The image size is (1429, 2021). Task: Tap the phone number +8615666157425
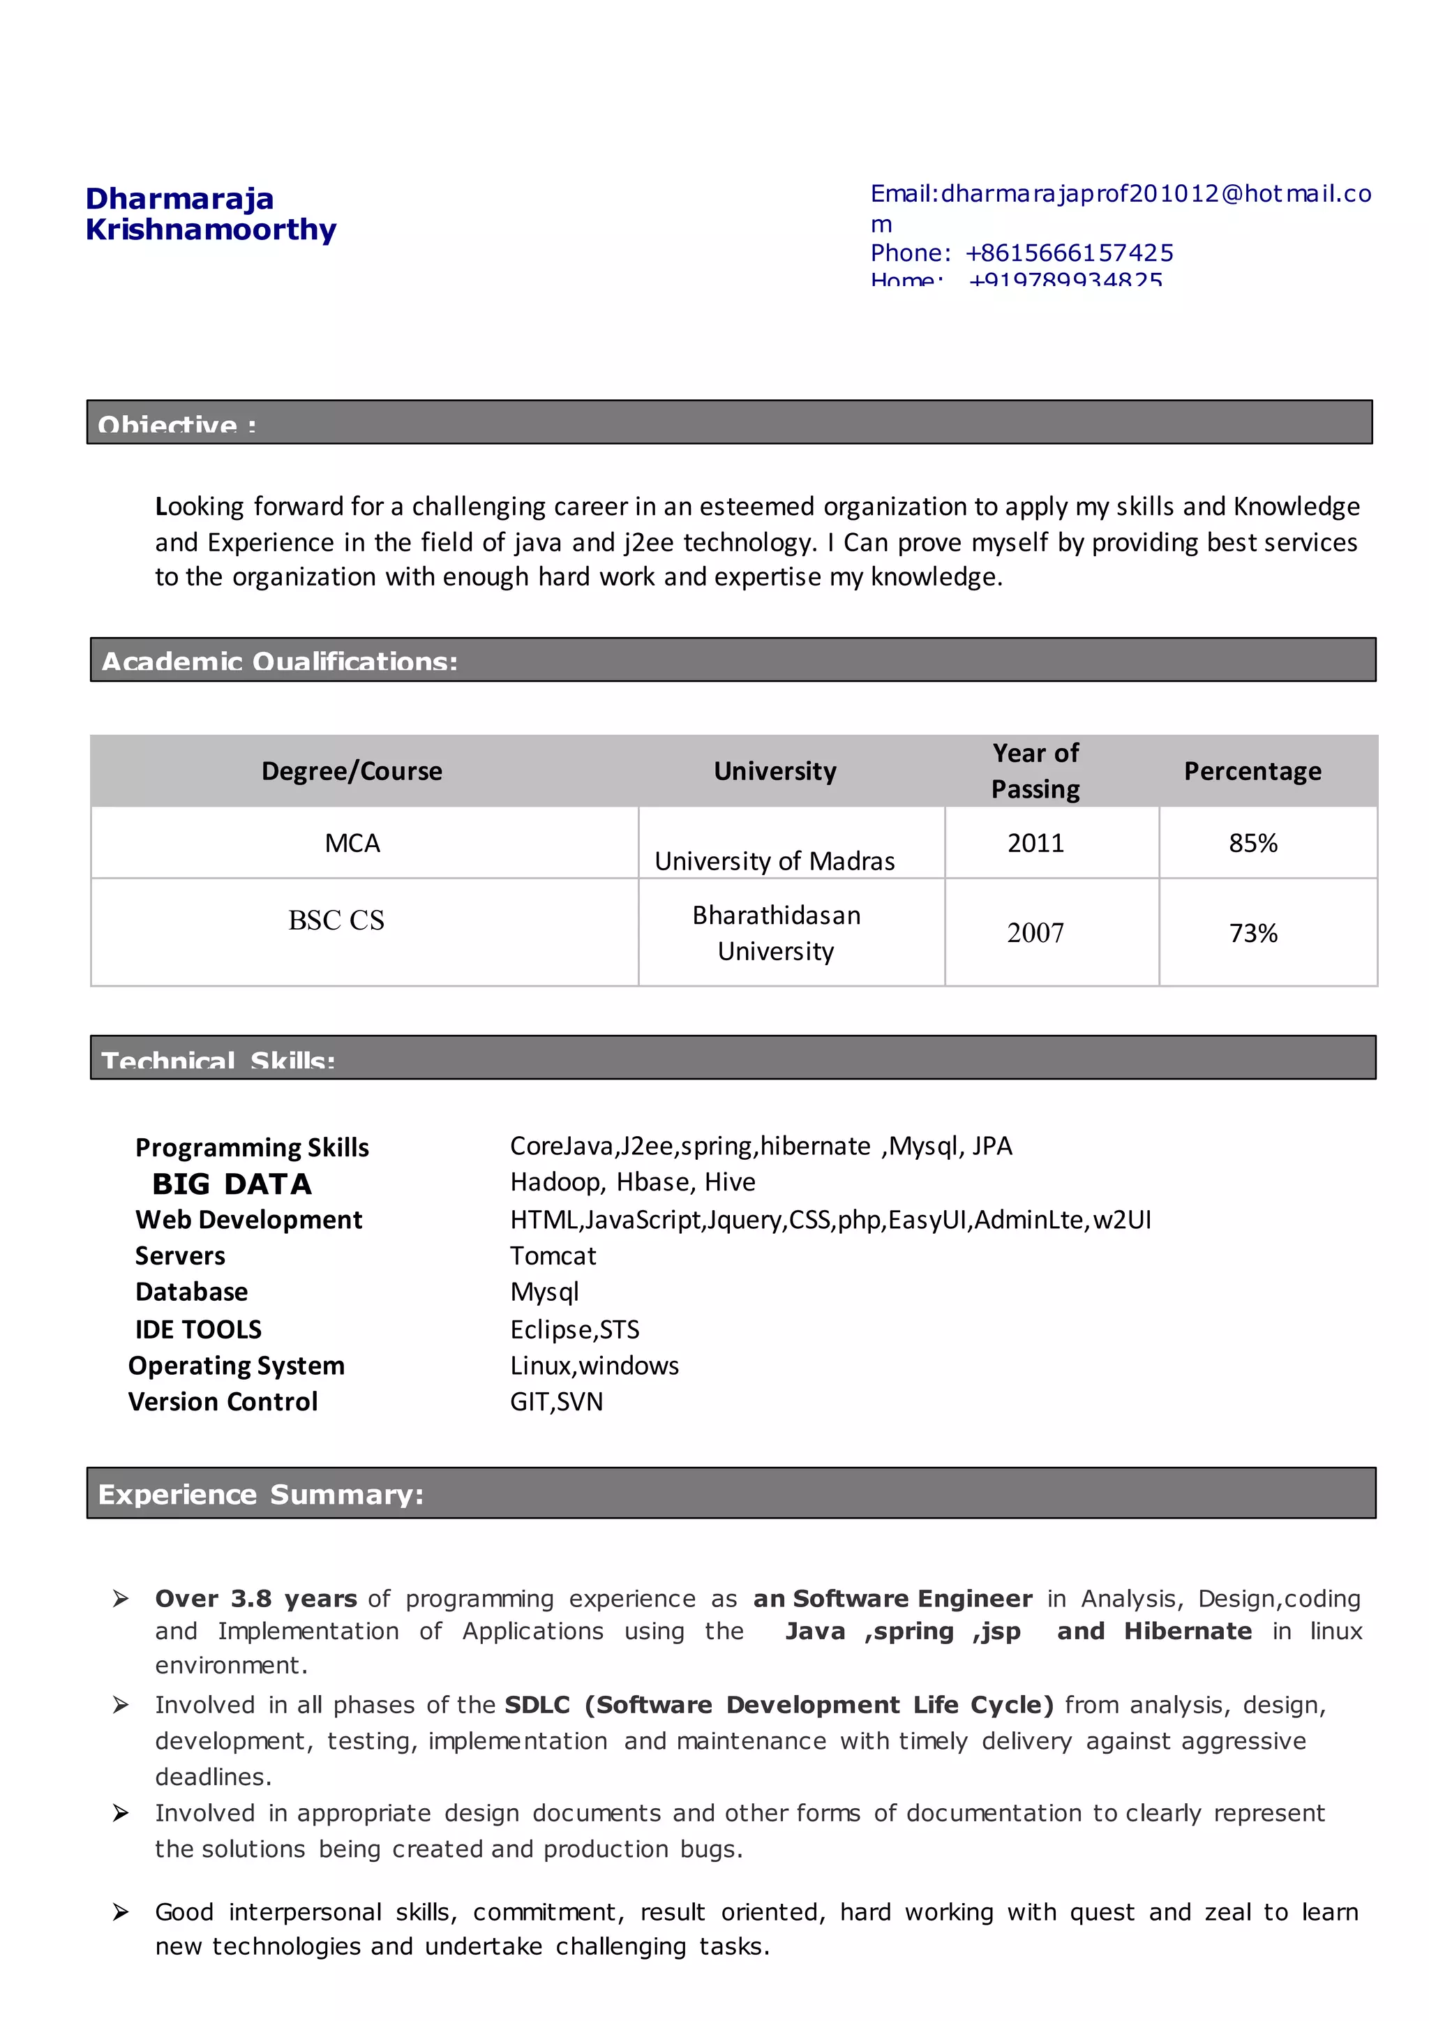pos(1068,253)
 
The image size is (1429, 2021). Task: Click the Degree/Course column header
pos(352,771)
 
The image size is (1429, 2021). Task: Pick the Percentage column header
pos(1252,771)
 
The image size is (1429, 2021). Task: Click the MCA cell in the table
pos(352,843)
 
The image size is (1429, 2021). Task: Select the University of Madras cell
pos(775,861)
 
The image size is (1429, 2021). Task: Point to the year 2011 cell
pos(1035,843)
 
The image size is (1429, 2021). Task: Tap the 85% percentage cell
pos(1253,843)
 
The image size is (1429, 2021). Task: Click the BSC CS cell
pos(336,920)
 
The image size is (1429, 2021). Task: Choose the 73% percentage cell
pos(1253,933)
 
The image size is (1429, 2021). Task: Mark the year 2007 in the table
pos(1035,933)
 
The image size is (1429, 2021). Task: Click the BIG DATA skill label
pos(232,1184)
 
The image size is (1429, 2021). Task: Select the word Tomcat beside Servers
pos(553,1256)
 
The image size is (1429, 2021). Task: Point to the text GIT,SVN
pos(556,1401)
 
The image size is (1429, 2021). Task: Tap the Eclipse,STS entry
pos(574,1329)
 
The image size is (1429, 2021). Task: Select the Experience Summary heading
pos(260,1495)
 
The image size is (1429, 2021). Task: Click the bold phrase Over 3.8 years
pos(256,1599)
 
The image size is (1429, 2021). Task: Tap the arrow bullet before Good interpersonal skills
pos(121,1912)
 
